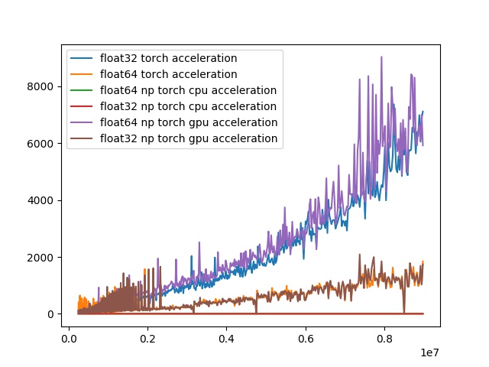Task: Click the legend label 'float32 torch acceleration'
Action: tap(168, 58)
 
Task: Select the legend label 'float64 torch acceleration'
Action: tap(168, 74)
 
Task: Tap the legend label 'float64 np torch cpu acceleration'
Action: tap(188, 90)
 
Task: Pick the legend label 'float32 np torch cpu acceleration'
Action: tap(188, 106)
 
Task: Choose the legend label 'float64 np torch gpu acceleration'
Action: tap(188, 122)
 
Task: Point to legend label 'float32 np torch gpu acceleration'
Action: tap(188, 138)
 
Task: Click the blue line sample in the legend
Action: tap(83, 58)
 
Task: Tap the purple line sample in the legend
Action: tap(83, 122)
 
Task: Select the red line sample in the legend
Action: tap(83, 106)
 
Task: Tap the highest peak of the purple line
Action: tap(381, 57)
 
